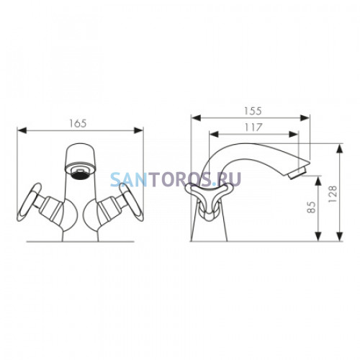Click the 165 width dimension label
point(78,123)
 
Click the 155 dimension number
point(253,111)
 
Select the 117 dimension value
point(253,127)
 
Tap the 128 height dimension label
point(333,194)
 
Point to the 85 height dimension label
point(311,207)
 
